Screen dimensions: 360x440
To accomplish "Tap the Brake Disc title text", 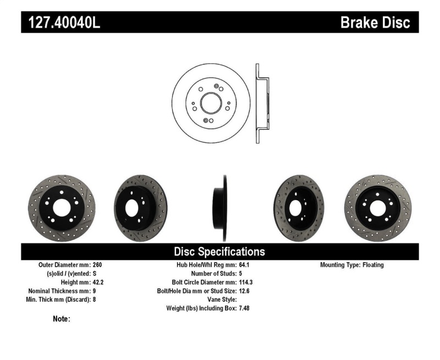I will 375,23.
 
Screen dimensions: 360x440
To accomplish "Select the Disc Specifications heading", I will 219,252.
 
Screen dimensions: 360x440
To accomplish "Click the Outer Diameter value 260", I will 97,265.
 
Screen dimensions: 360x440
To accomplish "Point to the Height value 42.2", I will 98,282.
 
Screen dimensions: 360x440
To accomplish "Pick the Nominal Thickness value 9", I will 95,291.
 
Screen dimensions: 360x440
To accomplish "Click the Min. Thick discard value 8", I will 95,300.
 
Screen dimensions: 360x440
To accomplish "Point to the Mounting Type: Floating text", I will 352,265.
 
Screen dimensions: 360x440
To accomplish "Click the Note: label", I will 62,319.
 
